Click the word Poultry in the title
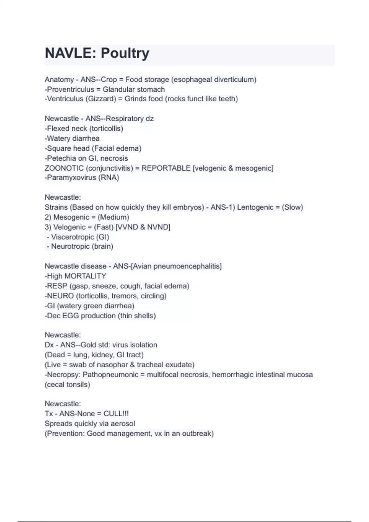(125, 53)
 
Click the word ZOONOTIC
(64, 168)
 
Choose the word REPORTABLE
(166, 168)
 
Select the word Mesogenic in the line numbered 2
(71, 217)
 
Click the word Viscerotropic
(73, 237)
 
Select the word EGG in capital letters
(70, 316)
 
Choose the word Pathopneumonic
(110, 375)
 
